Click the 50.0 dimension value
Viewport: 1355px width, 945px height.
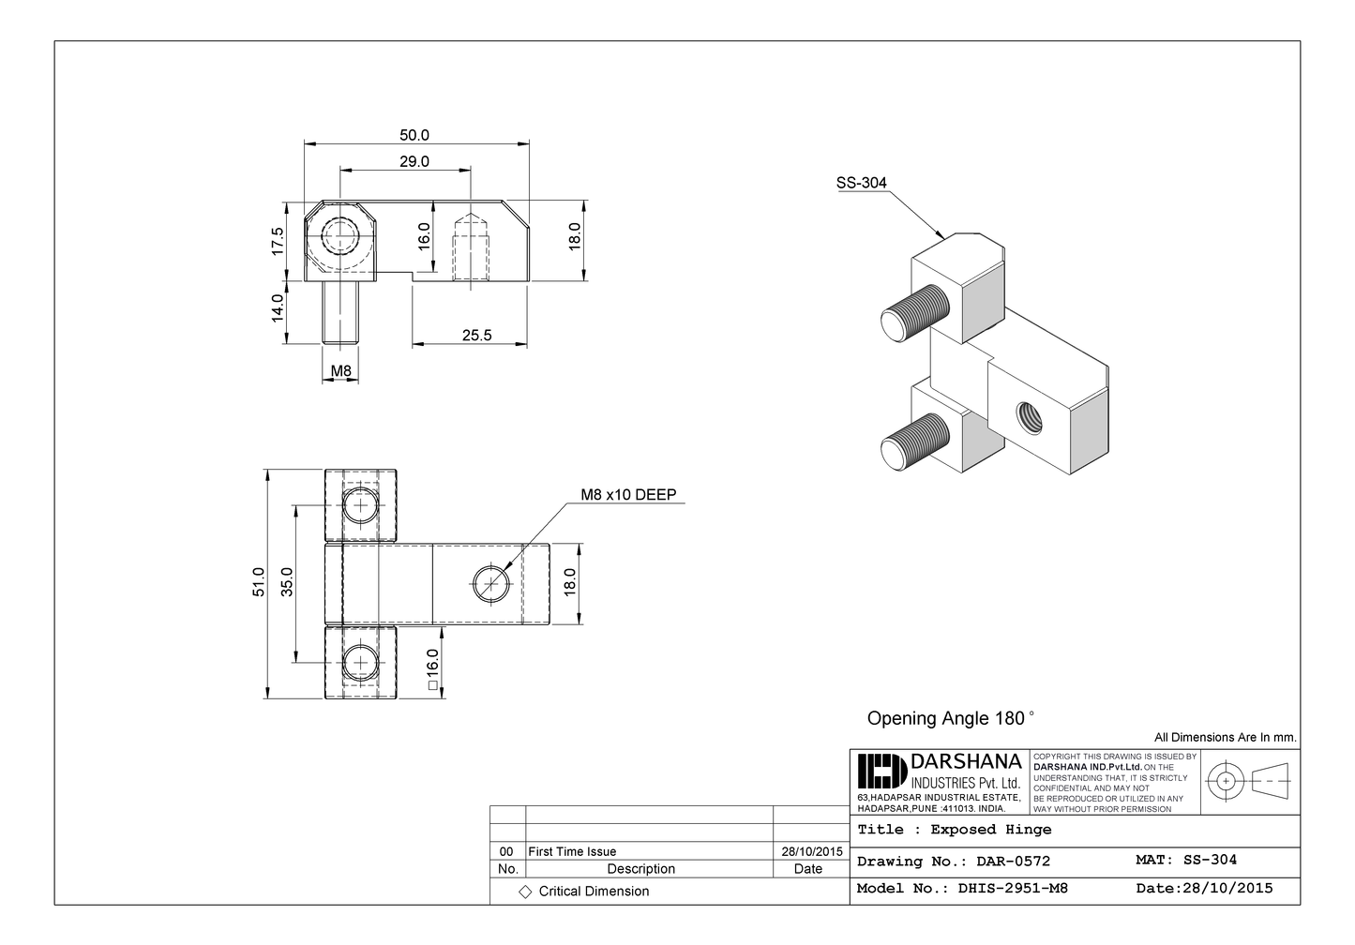pos(414,135)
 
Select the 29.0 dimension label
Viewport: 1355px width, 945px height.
pos(414,161)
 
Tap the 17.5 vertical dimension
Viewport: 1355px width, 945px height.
pos(278,241)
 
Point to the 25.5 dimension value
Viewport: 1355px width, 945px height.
pos(476,335)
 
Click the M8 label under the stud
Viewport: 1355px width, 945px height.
pos(341,371)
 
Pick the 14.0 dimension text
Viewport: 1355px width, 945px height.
pos(278,308)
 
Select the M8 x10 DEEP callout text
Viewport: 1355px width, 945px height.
pos(628,495)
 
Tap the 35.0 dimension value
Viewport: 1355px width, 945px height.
pos(288,582)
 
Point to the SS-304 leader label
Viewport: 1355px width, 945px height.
pos(861,184)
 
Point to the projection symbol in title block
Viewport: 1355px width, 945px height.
pos(1248,780)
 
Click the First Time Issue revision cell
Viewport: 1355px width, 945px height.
pos(573,851)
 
